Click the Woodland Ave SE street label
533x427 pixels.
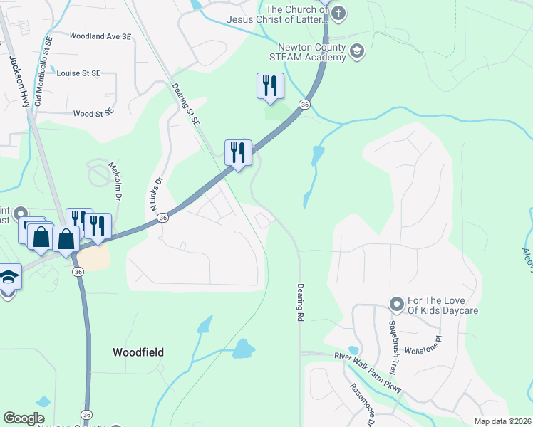tap(100, 36)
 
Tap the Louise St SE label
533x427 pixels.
tap(78, 73)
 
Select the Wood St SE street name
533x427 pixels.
tap(93, 113)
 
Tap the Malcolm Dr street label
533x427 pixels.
tap(115, 178)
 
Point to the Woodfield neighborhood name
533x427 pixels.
tap(138, 352)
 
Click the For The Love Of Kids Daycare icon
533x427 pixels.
tap(397, 305)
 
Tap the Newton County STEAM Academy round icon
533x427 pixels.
tap(357, 51)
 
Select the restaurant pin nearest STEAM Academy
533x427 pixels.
tap(270, 86)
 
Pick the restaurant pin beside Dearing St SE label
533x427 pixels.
tap(238, 152)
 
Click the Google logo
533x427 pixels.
tap(24, 418)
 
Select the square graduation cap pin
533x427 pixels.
tap(8, 277)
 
